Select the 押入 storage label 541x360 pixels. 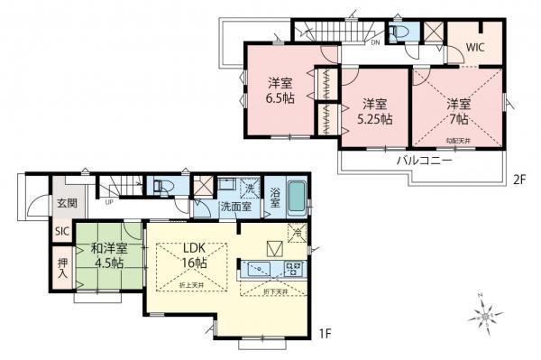tap(62, 267)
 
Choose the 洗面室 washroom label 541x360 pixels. tap(236, 208)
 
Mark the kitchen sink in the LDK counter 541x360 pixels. tap(256, 268)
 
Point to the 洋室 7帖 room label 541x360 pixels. tap(455, 109)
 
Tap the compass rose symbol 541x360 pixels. tap(487, 315)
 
